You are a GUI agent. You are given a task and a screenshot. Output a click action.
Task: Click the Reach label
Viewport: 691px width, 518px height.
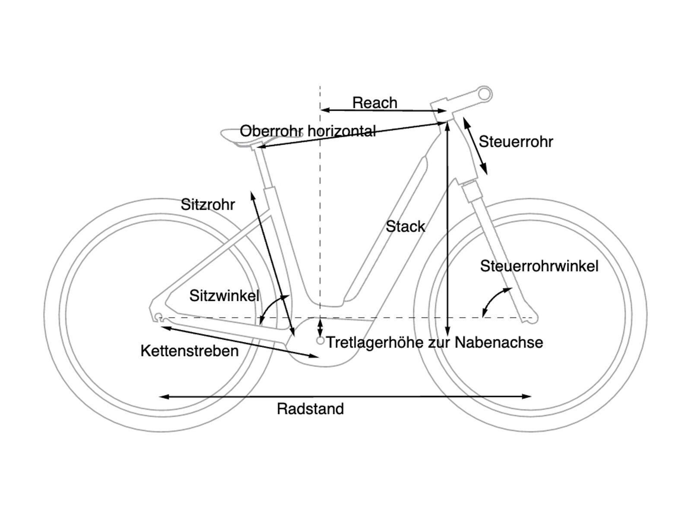[x=374, y=103]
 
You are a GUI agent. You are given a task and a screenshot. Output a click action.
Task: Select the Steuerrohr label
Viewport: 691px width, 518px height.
[x=516, y=142]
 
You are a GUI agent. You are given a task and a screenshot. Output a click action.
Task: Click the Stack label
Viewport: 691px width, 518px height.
[x=405, y=227]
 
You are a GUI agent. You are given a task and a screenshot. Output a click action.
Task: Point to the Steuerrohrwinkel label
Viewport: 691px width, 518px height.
[x=539, y=266]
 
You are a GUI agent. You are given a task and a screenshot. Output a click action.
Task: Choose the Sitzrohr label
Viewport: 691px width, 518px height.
[x=208, y=204]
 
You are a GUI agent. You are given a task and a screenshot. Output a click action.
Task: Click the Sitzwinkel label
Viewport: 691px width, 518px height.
[x=224, y=296]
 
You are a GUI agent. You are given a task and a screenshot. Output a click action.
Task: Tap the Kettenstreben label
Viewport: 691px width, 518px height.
[x=190, y=351]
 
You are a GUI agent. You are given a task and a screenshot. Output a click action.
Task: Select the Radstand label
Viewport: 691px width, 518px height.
[x=310, y=409]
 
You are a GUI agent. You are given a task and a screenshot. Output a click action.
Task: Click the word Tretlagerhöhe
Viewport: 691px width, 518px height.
[x=375, y=342]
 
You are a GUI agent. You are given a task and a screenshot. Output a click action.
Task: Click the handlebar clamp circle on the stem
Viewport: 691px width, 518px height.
[x=486, y=93]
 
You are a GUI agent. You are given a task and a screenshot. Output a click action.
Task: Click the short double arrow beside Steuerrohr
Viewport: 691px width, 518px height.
[x=475, y=146]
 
